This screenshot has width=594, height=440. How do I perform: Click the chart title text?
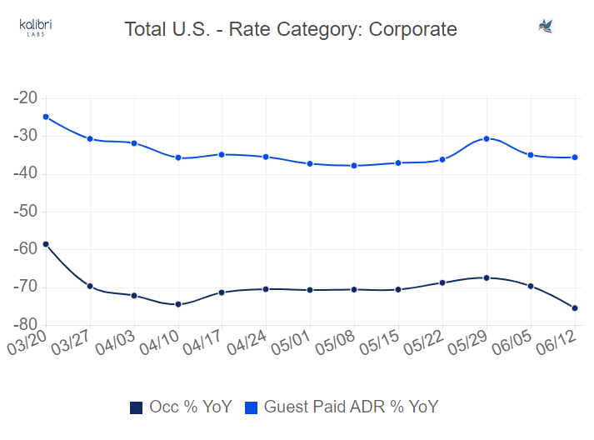291,29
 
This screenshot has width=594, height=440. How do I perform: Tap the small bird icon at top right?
547,27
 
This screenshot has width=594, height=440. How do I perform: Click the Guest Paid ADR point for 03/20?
46,117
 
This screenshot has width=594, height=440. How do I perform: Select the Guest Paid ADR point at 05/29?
487,138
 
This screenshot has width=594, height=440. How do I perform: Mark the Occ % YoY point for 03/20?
46,244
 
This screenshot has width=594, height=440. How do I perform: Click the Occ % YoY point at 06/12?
575,308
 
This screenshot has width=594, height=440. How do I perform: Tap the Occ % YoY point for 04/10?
178,304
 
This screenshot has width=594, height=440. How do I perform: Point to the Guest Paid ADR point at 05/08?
354,166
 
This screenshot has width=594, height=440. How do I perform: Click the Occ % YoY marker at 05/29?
487,277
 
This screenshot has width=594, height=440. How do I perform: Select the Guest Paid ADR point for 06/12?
575,157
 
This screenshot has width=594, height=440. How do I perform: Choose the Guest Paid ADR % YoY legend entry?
342,407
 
